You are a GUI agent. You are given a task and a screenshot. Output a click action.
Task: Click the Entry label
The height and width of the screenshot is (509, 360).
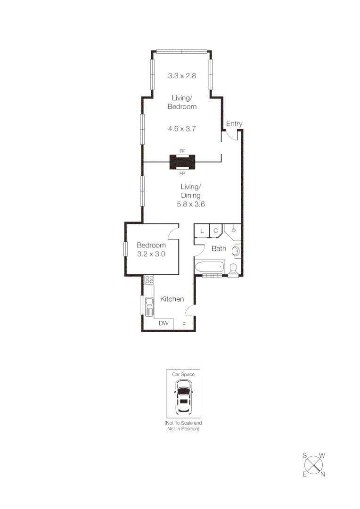pyautogui.click(x=234, y=124)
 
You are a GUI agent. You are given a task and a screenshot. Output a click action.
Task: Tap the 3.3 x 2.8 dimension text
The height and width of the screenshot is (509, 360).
pyautogui.click(x=182, y=75)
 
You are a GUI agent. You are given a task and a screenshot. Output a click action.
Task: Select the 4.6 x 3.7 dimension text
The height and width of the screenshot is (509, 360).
pyautogui.click(x=182, y=128)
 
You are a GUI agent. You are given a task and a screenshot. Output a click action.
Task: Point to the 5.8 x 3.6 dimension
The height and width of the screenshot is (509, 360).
pyautogui.click(x=190, y=205)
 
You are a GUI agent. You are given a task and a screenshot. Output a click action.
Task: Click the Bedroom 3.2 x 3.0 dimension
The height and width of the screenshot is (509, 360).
pyautogui.click(x=151, y=254)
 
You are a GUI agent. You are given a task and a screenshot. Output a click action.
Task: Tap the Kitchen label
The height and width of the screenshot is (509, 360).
pyautogui.click(x=172, y=299)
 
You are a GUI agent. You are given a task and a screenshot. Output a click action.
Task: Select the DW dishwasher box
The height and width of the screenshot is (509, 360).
pyautogui.click(x=164, y=323)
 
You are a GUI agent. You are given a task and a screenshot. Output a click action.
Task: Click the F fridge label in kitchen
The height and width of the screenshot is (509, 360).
pyautogui.click(x=184, y=324)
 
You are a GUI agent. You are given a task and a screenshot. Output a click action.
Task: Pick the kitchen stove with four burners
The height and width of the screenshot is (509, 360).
pyautogui.click(x=149, y=279)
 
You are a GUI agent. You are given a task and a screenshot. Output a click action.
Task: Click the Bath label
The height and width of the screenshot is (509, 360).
pyautogui.click(x=218, y=249)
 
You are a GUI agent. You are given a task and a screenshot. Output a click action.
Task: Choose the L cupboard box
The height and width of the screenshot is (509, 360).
pyautogui.click(x=202, y=230)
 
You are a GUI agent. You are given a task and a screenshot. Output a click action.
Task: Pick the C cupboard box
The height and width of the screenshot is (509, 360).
pyautogui.click(x=215, y=230)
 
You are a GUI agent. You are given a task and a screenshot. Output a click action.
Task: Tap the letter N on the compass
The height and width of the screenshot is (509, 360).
pyautogui.click(x=323, y=474)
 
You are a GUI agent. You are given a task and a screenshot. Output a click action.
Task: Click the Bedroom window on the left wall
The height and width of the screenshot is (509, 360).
pyautogui.click(x=125, y=249)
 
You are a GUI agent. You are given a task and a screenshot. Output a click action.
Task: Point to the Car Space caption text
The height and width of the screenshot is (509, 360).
pyautogui.click(x=183, y=374)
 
